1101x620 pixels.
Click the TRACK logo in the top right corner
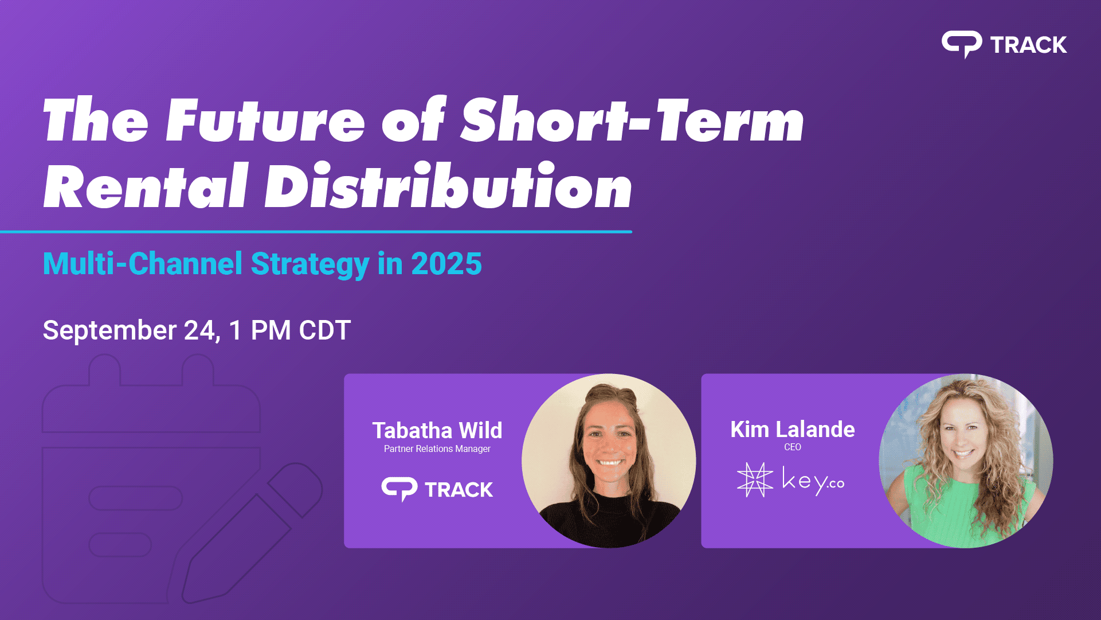pyautogui.click(x=1004, y=44)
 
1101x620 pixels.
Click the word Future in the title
pyautogui.click(x=265, y=120)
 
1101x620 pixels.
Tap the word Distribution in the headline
pyautogui.click(x=448, y=186)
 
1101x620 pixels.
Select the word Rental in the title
pyautogui.click(x=146, y=186)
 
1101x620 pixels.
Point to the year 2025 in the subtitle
pyautogui.click(x=446, y=264)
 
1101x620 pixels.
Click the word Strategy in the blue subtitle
pyautogui.click(x=310, y=265)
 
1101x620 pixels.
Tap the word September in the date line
pyautogui.click(x=110, y=331)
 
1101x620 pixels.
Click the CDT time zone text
pyautogui.click(x=325, y=330)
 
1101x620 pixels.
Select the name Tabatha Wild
pyautogui.click(x=437, y=430)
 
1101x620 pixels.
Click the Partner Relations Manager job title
pyautogui.click(x=437, y=449)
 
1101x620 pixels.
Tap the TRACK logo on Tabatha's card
pyautogui.click(x=437, y=489)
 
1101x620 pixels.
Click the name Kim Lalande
pyautogui.click(x=793, y=429)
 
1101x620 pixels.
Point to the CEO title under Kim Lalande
pyautogui.click(x=793, y=447)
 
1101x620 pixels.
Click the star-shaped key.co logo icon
pyautogui.click(x=755, y=479)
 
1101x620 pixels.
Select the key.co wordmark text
pyautogui.click(x=813, y=481)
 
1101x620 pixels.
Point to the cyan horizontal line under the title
pyautogui.click(x=316, y=232)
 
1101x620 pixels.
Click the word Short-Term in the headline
pyautogui.click(x=633, y=120)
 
